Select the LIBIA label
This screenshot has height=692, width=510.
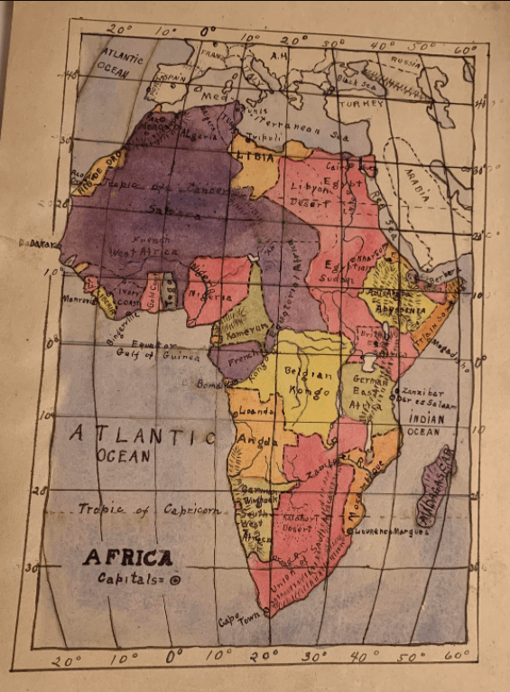(x=255, y=156)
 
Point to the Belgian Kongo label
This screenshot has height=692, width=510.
(x=310, y=381)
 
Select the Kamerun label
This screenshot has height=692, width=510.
(x=242, y=330)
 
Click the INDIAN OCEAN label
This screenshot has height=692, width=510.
(x=425, y=425)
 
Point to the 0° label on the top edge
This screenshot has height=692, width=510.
(x=209, y=33)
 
